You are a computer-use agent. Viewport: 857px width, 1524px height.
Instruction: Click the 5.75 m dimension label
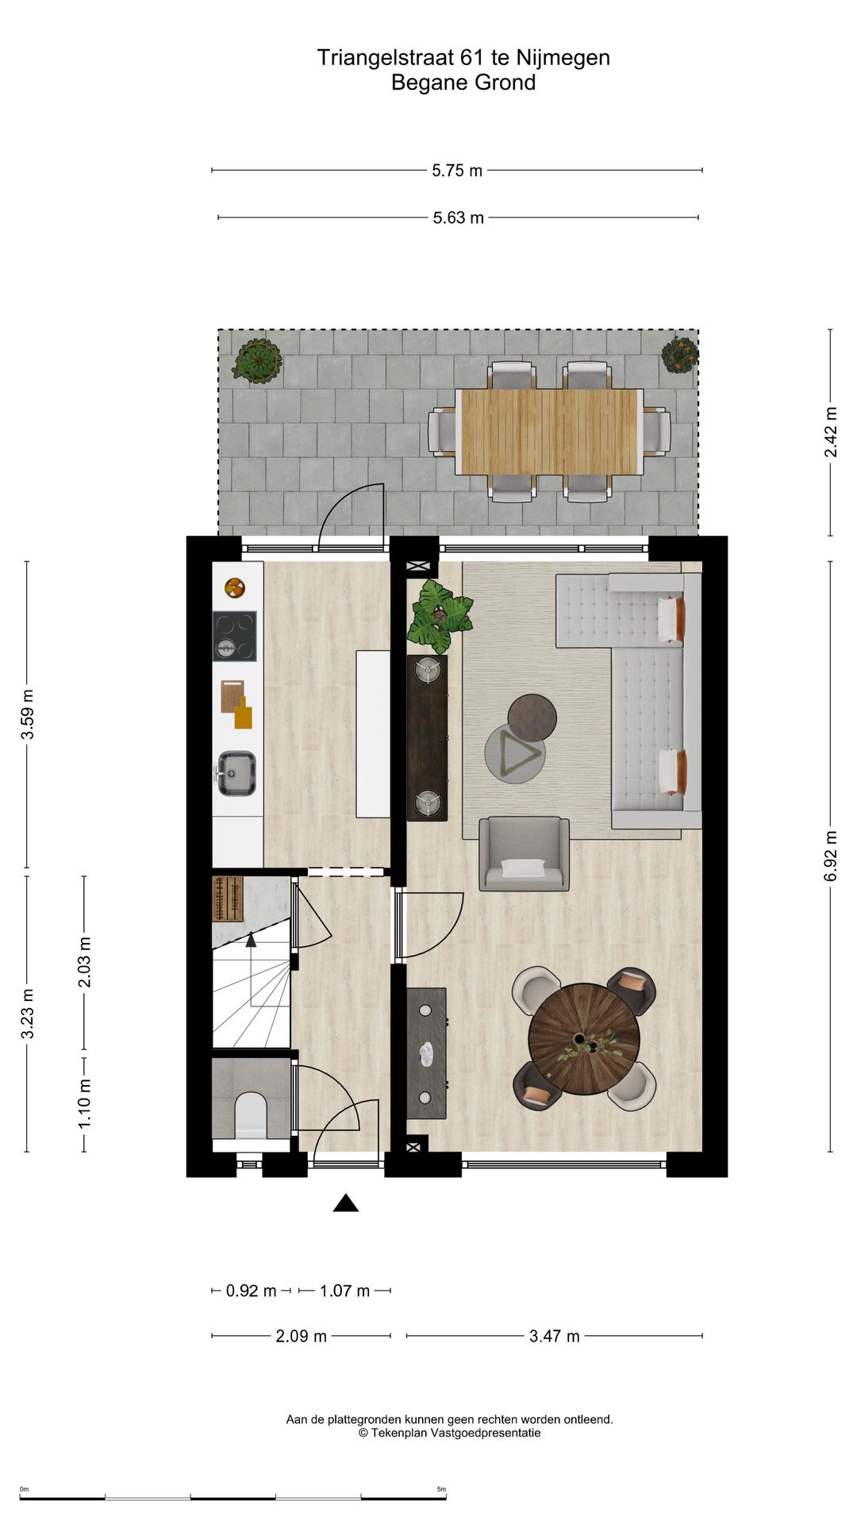pos(457,171)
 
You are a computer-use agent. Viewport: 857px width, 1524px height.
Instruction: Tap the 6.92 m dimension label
pos(831,856)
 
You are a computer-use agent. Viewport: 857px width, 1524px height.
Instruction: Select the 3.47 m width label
pos(554,1336)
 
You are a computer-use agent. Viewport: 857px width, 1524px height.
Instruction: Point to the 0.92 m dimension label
pos(251,1291)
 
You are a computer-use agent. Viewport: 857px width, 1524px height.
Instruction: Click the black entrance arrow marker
pos(345,1203)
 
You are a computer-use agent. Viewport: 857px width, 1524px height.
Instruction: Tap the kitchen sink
pos(236,773)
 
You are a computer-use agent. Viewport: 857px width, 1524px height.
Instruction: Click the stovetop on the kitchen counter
pos(234,636)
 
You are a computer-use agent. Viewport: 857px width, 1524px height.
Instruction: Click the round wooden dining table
pos(584,1039)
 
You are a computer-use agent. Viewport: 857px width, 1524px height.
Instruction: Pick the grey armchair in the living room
pos(524,853)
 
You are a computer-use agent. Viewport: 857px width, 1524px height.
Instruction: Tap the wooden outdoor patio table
pos(549,431)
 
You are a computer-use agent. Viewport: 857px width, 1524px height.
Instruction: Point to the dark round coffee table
pos(532,717)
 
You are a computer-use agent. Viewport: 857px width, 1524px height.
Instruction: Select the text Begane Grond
pos(463,83)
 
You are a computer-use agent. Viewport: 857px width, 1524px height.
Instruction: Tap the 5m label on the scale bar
pos(441,1489)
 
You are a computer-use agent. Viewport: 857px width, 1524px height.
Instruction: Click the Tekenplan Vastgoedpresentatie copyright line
pos(449,1433)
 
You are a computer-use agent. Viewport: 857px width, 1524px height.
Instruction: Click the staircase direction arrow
pos(251,941)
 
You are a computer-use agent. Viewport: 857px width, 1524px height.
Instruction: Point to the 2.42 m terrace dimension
pos(831,432)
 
